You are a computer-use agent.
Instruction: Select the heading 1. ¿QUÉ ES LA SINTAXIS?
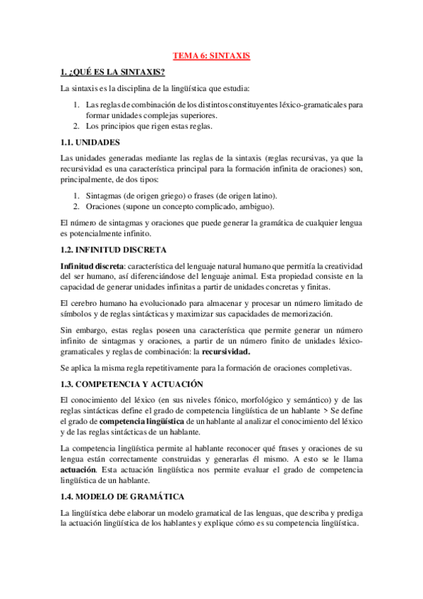coord(113,72)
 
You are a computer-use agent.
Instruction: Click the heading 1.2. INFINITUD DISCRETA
coord(114,249)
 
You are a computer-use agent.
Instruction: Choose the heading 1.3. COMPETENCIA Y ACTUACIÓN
coord(131,384)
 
